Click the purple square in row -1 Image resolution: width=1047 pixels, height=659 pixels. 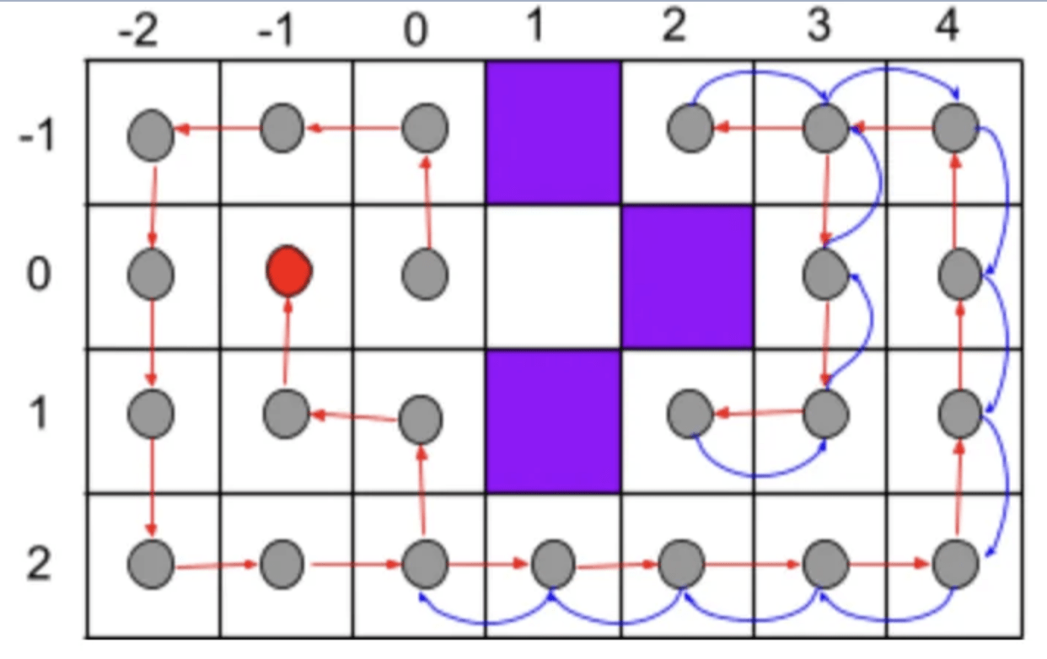(553, 132)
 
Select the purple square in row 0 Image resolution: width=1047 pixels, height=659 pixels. (686, 276)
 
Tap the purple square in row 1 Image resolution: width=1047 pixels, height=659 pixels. (553, 421)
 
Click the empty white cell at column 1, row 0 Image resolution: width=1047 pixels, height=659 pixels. (553, 276)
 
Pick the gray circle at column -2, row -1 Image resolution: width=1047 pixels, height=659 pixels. (152, 135)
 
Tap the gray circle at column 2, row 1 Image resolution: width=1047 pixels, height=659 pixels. (690, 413)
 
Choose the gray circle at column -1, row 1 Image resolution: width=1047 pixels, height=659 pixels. (286, 415)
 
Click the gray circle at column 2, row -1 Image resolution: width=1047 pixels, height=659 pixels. (690, 129)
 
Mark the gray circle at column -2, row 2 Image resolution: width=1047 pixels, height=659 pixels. (152, 563)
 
